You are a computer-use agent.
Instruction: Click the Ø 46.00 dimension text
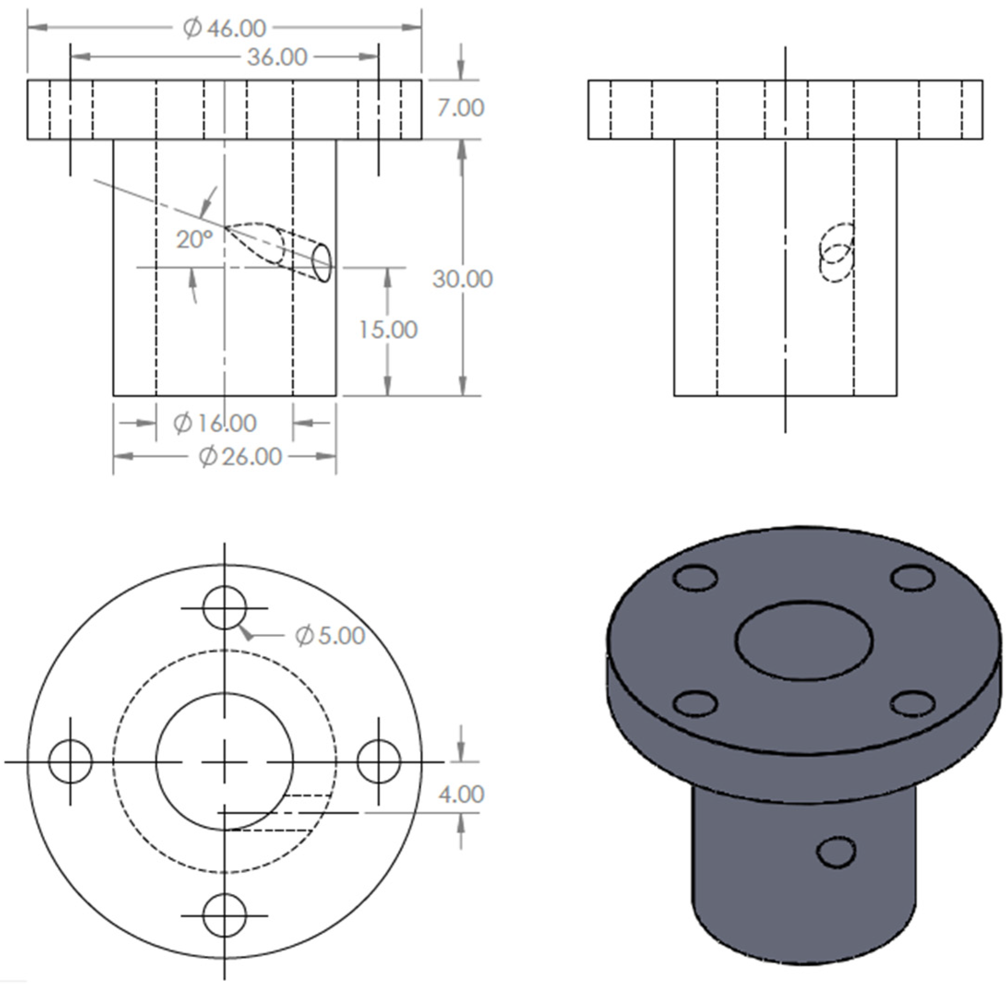(225, 29)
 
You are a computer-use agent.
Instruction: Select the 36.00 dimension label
(277, 57)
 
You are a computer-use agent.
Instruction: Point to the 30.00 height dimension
(463, 279)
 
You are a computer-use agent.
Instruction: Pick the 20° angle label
(194, 239)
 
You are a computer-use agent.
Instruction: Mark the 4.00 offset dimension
(461, 794)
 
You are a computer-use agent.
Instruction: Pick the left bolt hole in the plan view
(71, 761)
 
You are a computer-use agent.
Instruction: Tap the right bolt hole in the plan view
(379, 761)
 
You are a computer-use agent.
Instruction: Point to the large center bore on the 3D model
(804, 640)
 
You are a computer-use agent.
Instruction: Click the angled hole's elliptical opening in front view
(322, 263)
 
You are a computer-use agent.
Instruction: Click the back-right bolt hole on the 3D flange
(913, 577)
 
